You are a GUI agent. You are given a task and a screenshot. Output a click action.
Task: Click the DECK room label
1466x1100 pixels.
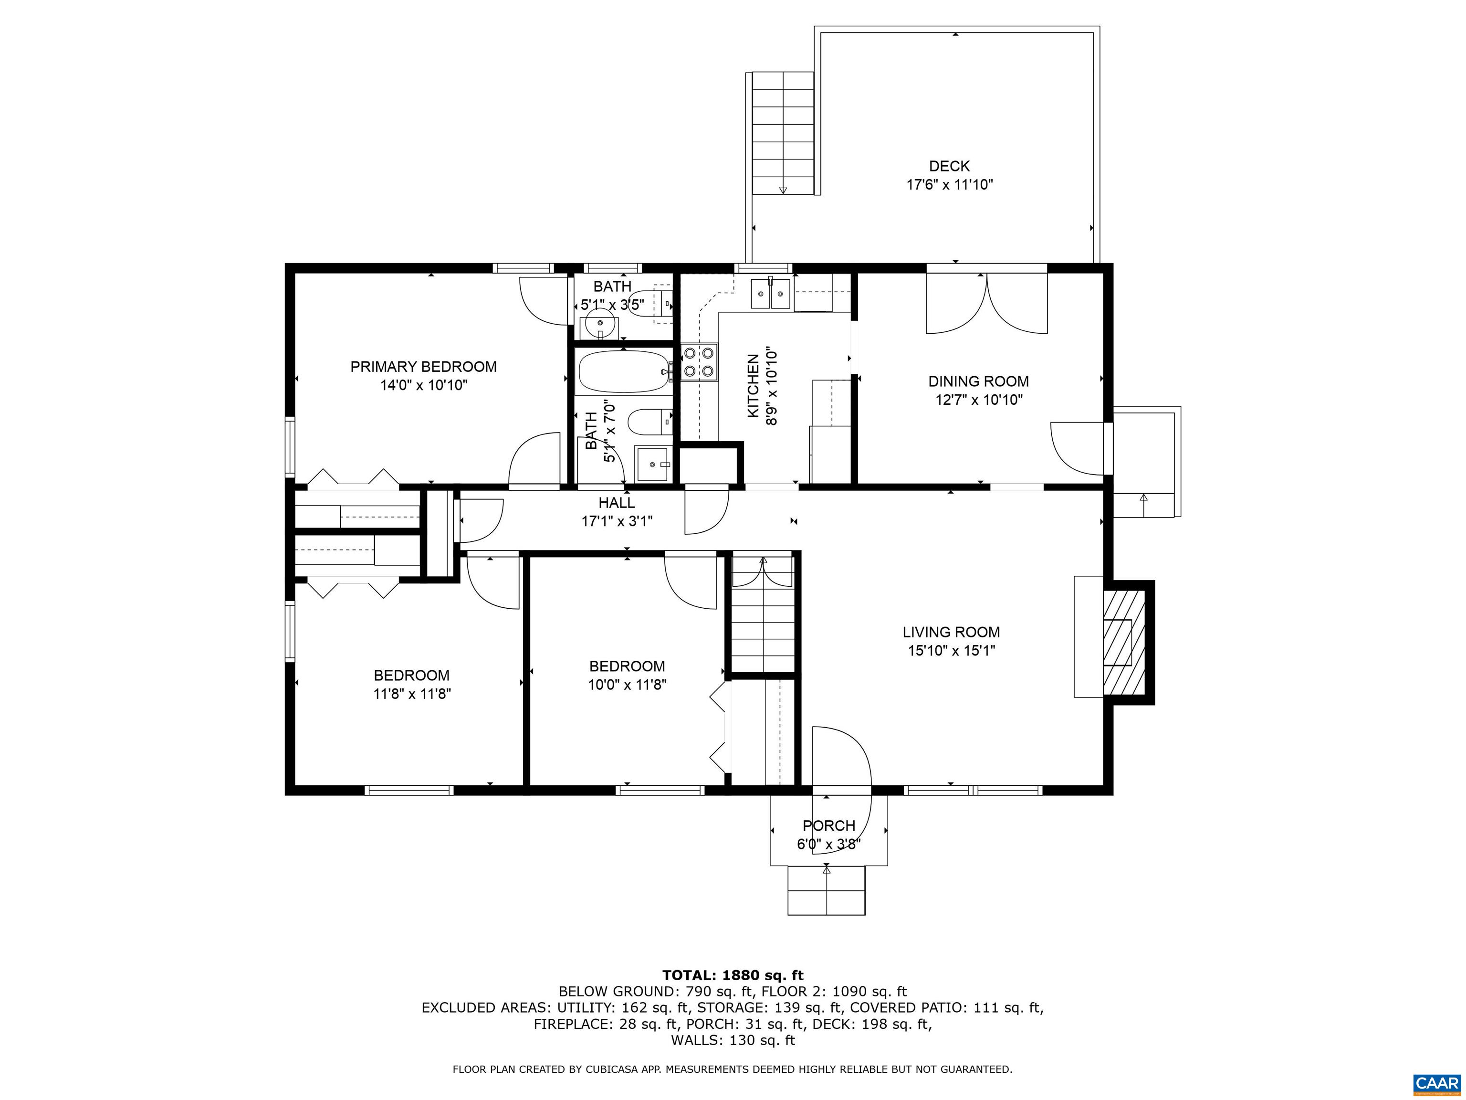[x=949, y=167]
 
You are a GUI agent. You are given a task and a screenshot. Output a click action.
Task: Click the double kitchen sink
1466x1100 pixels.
[x=770, y=294]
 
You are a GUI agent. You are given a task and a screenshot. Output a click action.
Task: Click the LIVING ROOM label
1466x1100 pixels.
[x=951, y=633]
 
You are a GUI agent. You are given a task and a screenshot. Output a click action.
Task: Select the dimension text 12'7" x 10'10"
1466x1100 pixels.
[x=979, y=400]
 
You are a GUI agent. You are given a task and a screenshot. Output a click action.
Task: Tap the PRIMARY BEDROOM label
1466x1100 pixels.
[x=423, y=367]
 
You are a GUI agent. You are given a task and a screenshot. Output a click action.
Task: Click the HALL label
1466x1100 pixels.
[x=617, y=503]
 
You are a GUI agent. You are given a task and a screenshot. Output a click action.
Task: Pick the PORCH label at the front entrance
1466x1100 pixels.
[x=828, y=825]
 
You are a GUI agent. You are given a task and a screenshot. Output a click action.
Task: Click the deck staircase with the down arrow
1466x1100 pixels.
[x=783, y=133]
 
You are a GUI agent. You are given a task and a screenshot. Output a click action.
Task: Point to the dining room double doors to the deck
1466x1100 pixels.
[x=987, y=303]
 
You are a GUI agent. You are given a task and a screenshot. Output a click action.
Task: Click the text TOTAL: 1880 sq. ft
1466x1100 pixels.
[x=733, y=975]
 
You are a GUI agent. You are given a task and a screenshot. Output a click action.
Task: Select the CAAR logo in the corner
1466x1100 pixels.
[x=1436, y=1083]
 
